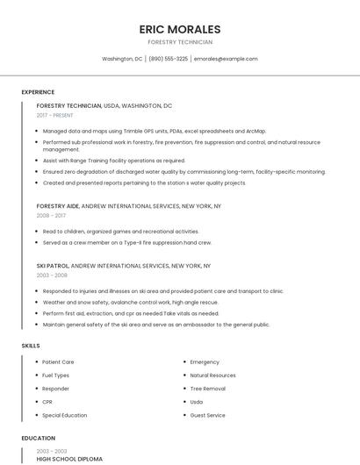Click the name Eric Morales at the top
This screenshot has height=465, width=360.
[x=180, y=29]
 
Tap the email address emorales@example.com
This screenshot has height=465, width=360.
[x=226, y=59]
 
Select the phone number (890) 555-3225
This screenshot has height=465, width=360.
[x=168, y=59]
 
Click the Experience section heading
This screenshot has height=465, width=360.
[x=38, y=92]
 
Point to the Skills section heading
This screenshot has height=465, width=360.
[x=31, y=346]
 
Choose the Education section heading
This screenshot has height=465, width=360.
[x=38, y=438]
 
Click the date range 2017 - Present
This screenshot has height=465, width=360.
[x=55, y=115]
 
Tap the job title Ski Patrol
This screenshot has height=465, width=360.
[x=52, y=265]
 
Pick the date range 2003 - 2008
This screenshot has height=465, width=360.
[x=52, y=275]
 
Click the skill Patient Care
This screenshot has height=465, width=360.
[x=58, y=361]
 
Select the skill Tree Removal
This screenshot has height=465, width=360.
[x=207, y=388]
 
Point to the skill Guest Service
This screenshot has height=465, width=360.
[x=207, y=415]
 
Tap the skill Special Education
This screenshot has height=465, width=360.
[x=64, y=415]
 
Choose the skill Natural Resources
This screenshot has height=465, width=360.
[x=212, y=375]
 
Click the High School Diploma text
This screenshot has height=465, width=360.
[x=69, y=459]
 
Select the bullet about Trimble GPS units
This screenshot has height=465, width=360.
[x=154, y=131]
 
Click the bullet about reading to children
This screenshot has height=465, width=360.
[x=120, y=232]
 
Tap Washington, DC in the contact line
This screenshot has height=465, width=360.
[x=122, y=59]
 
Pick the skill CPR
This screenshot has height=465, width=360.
[x=47, y=402]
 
